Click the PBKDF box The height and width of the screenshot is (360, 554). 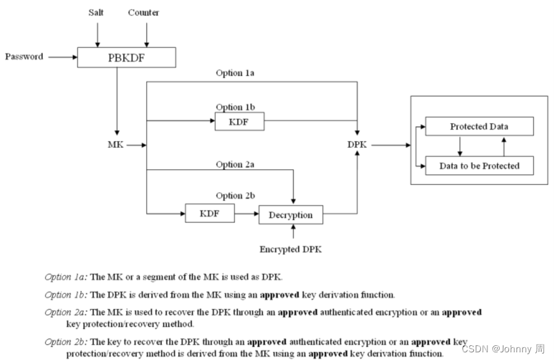click(126, 57)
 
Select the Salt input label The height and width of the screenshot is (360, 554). click(97, 13)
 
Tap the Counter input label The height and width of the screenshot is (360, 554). click(143, 13)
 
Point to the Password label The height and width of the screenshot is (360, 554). click(24, 56)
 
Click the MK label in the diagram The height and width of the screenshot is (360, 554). click(115, 145)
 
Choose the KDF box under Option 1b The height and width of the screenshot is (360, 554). click(239, 120)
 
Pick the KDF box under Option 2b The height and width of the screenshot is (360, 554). click(209, 213)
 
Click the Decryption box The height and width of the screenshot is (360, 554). click(290, 215)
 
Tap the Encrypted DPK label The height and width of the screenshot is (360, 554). click(290, 249)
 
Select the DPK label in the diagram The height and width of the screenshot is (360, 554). click(357, 145)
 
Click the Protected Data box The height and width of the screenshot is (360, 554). click(479, 126)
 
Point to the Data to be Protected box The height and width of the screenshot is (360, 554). click(479, 165)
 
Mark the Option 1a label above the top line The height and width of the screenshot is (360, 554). click(235, 73)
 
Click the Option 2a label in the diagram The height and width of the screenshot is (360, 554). click(235, 164)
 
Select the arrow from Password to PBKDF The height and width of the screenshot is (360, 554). click(62, 56)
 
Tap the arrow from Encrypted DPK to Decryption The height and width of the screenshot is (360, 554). click(291, 232)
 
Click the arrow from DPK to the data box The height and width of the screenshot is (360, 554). click(391, 145)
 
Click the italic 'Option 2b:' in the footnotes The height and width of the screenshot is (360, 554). click(66, 342)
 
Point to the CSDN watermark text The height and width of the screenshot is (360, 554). click(502, 348)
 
